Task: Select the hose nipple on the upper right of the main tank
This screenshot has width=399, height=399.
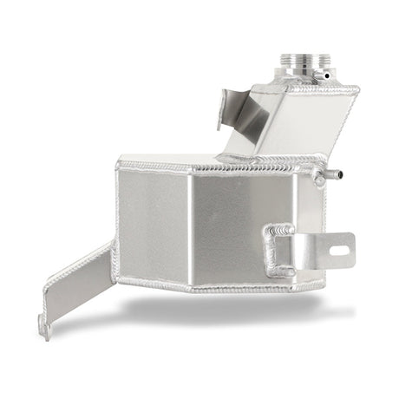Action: pyautogui.click(x=322, y=179)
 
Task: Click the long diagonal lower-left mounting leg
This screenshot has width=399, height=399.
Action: pyautogui.click(x=78, y=286)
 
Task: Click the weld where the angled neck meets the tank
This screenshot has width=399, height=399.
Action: pyautogui.click(x=260, y=158)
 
